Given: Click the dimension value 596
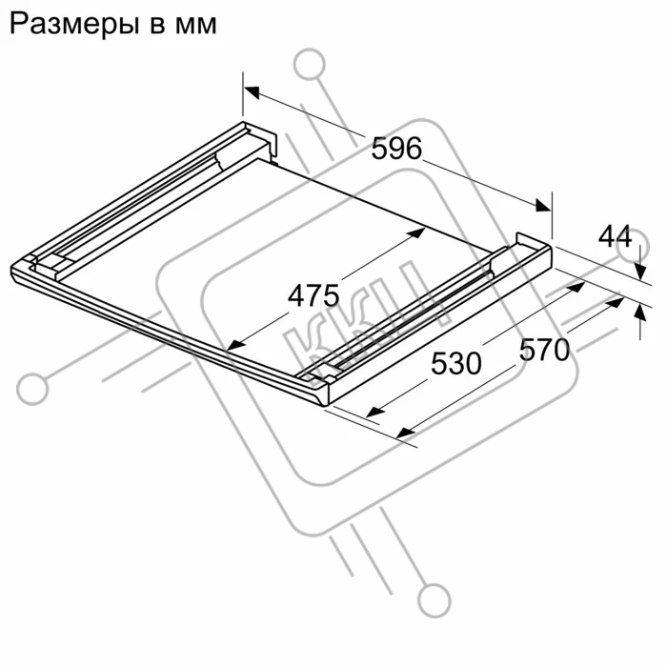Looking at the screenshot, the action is pyautogui.click(x=396, y=149).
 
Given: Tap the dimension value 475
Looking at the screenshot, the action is pyautogui.click(x=313, y=295).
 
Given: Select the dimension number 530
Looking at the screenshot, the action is pyautogui.click(x=456, y=363).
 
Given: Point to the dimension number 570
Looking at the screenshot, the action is pyautogui.click(x=544, y=350).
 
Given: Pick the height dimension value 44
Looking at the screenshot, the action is pyautogui.click(x=616, y=236).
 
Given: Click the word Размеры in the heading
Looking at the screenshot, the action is pyautogui.click(x=74, y=24).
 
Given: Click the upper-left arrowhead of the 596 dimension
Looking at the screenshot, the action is pyautogui.click(x=252, y=91).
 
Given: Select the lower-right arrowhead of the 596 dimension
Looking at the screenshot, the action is pyautogui.click(x=543, y=205).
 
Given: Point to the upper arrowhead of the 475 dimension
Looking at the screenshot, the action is pyautogui.click(x=417, y=232).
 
